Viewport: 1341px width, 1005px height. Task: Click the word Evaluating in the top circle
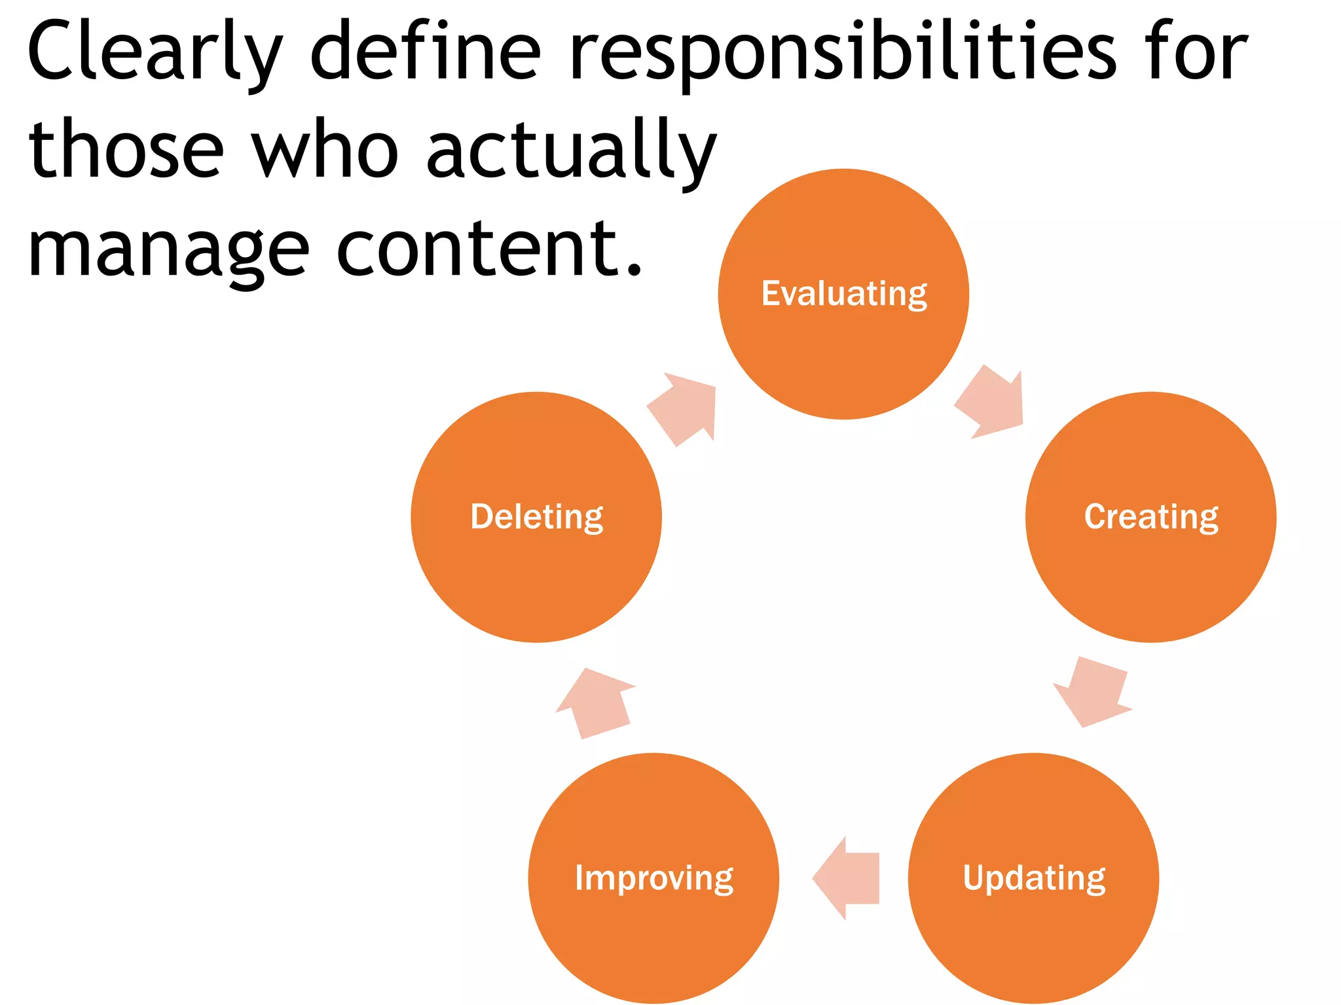(x=844, y=294)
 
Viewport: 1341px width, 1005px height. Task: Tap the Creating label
(x=1151, y=517)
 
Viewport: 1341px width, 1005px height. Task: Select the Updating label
(x=1034, y=878)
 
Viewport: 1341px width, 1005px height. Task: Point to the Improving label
(x=654, y=878)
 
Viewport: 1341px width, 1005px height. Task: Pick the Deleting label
(x=537, y=517)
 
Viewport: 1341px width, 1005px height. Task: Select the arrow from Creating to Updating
(x=1092, y=691)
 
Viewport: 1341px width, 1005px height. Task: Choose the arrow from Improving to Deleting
(x=596, y=703)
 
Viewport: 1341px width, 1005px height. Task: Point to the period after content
(x=633, y=269)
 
